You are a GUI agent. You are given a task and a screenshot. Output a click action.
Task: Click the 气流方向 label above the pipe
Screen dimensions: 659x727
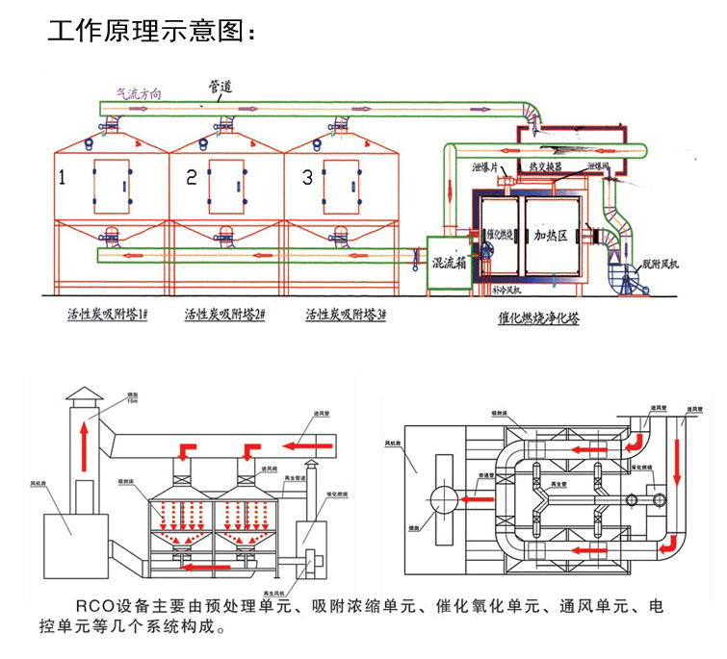(139, 93)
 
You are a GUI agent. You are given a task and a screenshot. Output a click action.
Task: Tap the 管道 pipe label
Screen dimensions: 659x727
(220, 87)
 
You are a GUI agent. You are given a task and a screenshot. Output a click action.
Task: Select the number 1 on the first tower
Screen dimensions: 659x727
(64, 177)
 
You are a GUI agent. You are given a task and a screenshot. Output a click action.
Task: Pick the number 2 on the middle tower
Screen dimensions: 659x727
(191, 177)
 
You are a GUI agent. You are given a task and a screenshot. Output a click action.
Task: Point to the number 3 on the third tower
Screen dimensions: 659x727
(307, 177)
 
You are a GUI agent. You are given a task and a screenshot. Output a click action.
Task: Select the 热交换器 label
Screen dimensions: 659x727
(547, 167)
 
